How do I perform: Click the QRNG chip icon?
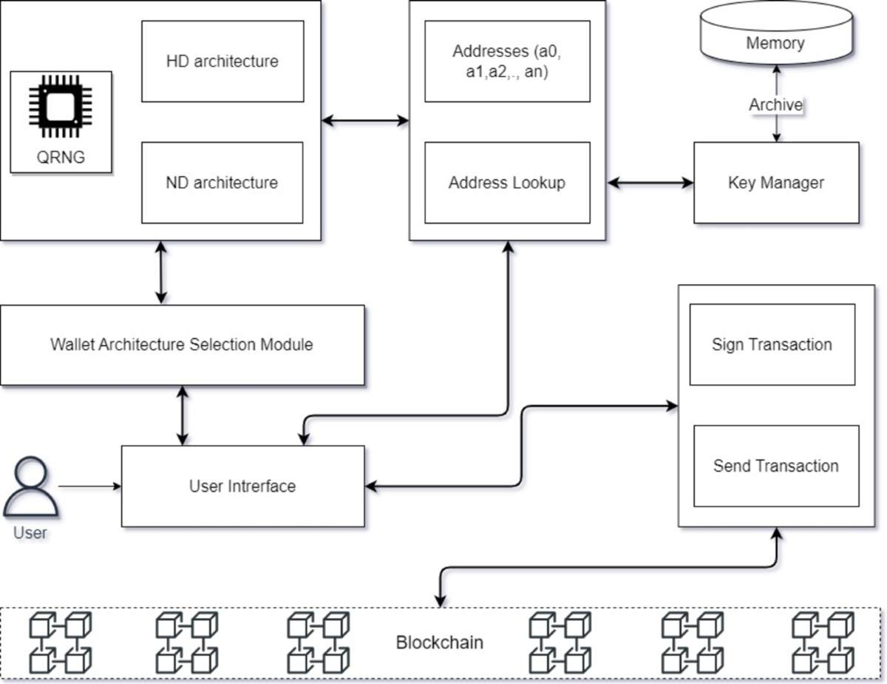click(x=61, y=108)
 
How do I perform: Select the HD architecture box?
click(x=222, y=61)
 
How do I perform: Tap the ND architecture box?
click(x=222, y=183)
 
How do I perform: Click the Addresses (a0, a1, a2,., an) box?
click(x=507, y=61)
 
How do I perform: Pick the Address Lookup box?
click(x=507, y=183)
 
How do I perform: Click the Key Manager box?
click(x=775, y=183)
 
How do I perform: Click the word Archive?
click(x=775, y=105)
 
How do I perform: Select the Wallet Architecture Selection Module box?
click(x=182, y=345)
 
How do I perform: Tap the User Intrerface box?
click(x=242, y=486)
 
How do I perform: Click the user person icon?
click(x=30, y=489)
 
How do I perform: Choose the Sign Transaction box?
click(x=772, y=345)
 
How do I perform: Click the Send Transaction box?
click(x=775, y=466)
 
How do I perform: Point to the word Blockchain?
click(x=440, y=642)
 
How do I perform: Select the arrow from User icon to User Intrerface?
click(x=89, y=486)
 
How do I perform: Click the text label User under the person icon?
click(x=30, y=532)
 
